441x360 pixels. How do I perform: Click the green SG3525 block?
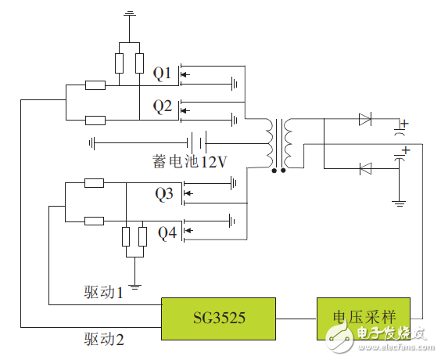[218, 319]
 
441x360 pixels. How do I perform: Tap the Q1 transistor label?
[162, 74]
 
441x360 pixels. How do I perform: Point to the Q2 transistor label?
[162, 106]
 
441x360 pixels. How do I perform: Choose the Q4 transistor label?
[167, 232]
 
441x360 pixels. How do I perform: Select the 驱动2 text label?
[104, 339]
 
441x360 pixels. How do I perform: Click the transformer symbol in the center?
[278, 144]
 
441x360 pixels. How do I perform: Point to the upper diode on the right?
[364, 120]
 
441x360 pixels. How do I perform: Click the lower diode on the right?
[364, 167]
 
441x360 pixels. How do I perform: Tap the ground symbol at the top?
[131, 13]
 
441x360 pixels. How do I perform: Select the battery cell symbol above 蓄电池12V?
[196, 143]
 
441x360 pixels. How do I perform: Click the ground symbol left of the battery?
[92, 143]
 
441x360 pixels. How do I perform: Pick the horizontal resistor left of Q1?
[95, 85]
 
